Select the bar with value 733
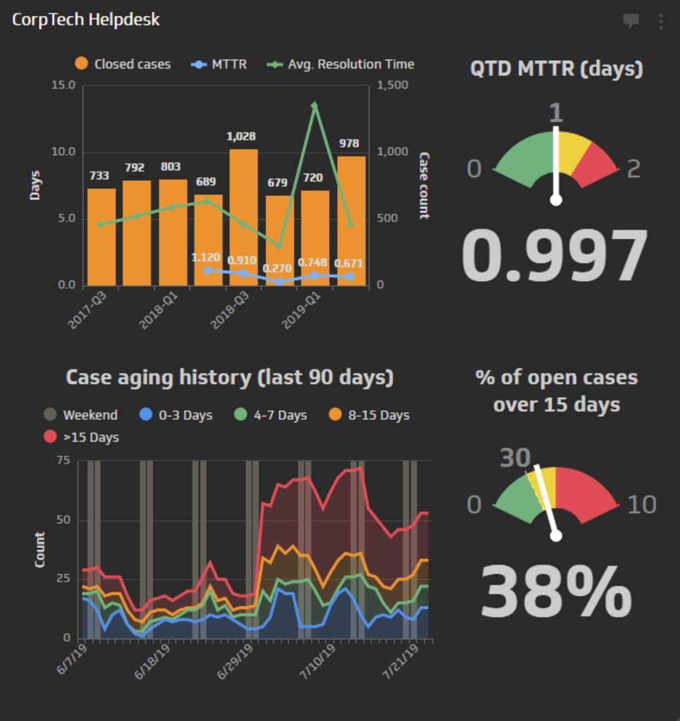tap(101, 236)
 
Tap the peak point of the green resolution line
tap(314, 105)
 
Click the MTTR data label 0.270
tap(279, 269)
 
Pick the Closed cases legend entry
tap(123, 65)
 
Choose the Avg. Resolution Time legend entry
tap(341, 65)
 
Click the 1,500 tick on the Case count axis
tap(392, 85)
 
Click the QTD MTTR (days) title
tap(557, 69)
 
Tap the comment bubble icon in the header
tap(631, 21)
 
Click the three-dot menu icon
tap(661, 21)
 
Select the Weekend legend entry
tap(81, 415)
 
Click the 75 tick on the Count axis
tap(64, 460)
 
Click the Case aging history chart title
tap(230, 378)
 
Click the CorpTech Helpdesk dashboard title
tap(86, 19)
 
